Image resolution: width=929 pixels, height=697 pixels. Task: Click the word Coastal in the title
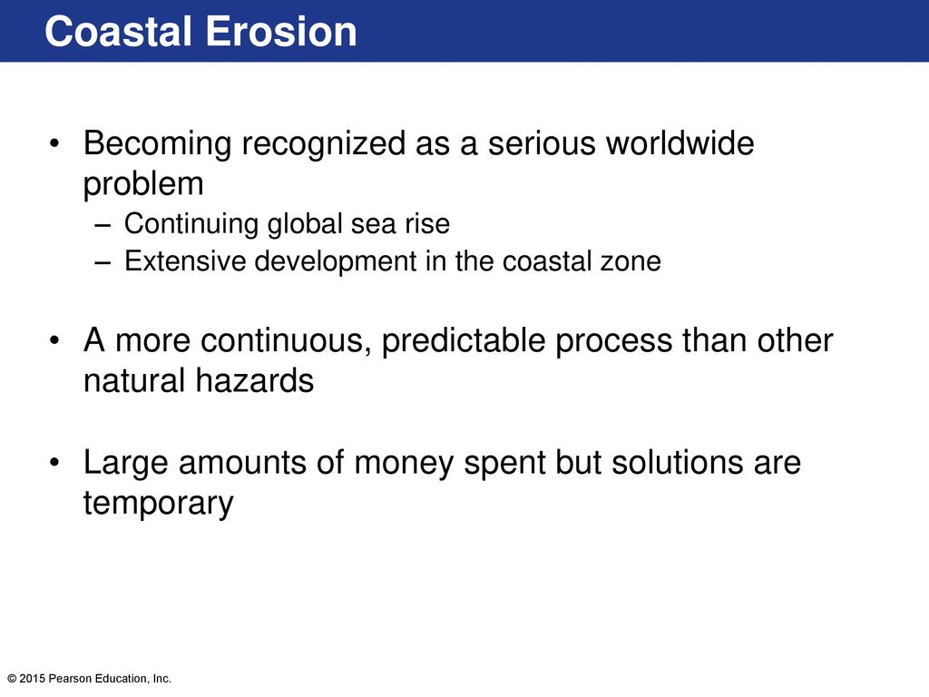[x=118, y=32]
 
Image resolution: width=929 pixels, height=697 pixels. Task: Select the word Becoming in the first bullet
[x=157, y=145]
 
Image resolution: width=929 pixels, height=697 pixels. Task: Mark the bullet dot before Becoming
[x=54, y=144]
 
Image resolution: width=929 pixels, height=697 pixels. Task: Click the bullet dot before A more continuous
[x=54, y=341]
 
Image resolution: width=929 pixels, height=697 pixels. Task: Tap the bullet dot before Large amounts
[x=54, y=463]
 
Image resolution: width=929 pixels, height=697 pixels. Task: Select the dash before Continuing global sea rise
[x=103, y=226]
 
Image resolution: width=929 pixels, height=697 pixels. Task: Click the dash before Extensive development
[x=103, y=263]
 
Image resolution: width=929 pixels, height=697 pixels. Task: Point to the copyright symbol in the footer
[x=12, y=679]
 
